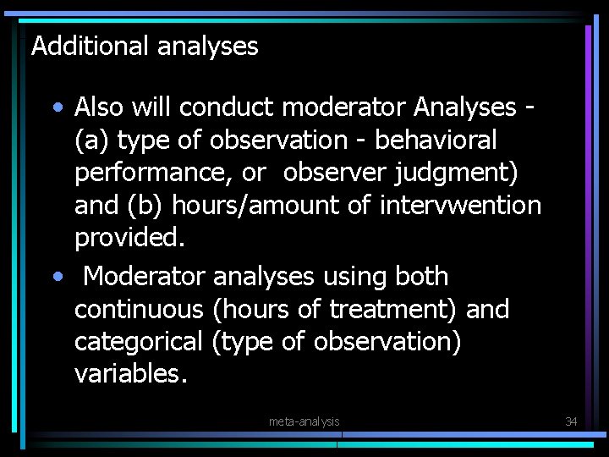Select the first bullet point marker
(56, 108)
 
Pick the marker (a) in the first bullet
(91, 140)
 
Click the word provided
(129, 239)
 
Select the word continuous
(139, 310)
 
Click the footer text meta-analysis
(304, 421)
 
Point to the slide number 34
(571, 421)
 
